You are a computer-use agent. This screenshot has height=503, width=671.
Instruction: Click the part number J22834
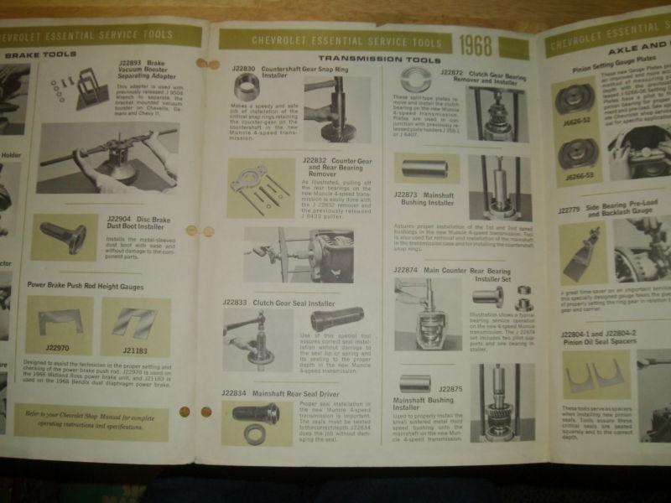click(239, 392)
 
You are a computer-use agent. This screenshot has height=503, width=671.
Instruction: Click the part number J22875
click(450, 388)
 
